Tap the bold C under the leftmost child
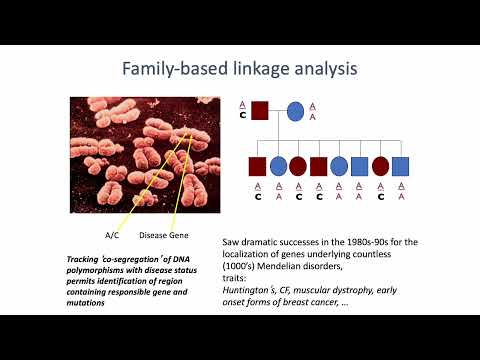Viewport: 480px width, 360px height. click(x=256, y=196)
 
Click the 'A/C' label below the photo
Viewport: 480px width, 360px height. click(x=112, y=235)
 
